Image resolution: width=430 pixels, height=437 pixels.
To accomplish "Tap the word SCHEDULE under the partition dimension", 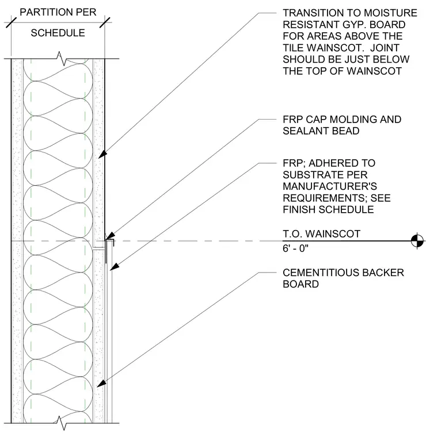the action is click(x=58, y=33).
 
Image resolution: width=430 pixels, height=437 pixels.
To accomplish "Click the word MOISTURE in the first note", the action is click(x=391, y=13).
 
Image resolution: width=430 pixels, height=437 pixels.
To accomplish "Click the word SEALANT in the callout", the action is click(x=306, y=131).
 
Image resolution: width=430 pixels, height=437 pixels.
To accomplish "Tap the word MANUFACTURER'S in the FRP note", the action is click(x=330, y=186).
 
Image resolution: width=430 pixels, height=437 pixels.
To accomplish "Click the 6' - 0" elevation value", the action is click(x=295, y=248).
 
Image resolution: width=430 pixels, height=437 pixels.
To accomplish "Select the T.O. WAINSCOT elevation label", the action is click(x=321, y=234).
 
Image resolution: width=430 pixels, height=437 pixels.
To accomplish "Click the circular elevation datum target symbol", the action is click(x=417, y=240).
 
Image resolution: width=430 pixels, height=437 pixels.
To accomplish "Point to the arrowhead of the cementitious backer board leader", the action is click(x=101, y=384).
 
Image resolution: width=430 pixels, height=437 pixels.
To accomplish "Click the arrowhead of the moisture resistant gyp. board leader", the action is click(x=102, y=155).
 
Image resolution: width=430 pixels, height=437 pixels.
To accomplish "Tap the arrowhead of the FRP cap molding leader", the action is click(x=110, y=236).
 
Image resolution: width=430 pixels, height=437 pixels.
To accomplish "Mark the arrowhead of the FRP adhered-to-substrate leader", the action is click(x=115, y=267).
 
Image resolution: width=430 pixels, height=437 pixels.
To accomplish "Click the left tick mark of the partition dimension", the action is click(x=11, y=22).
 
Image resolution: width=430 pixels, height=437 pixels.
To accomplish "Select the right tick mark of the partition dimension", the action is click(x=105, y=22).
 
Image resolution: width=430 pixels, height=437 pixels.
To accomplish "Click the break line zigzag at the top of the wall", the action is click(x=62, y=59).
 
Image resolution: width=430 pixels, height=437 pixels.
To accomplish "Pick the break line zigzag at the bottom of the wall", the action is click(x=62, y=423).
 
